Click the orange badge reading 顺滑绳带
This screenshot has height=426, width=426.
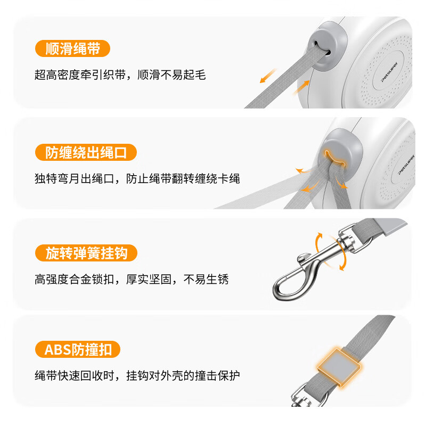click(72, 49)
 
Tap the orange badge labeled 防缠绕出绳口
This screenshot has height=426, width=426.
click(86, 153)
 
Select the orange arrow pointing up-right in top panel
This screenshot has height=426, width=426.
click(302, 85)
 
